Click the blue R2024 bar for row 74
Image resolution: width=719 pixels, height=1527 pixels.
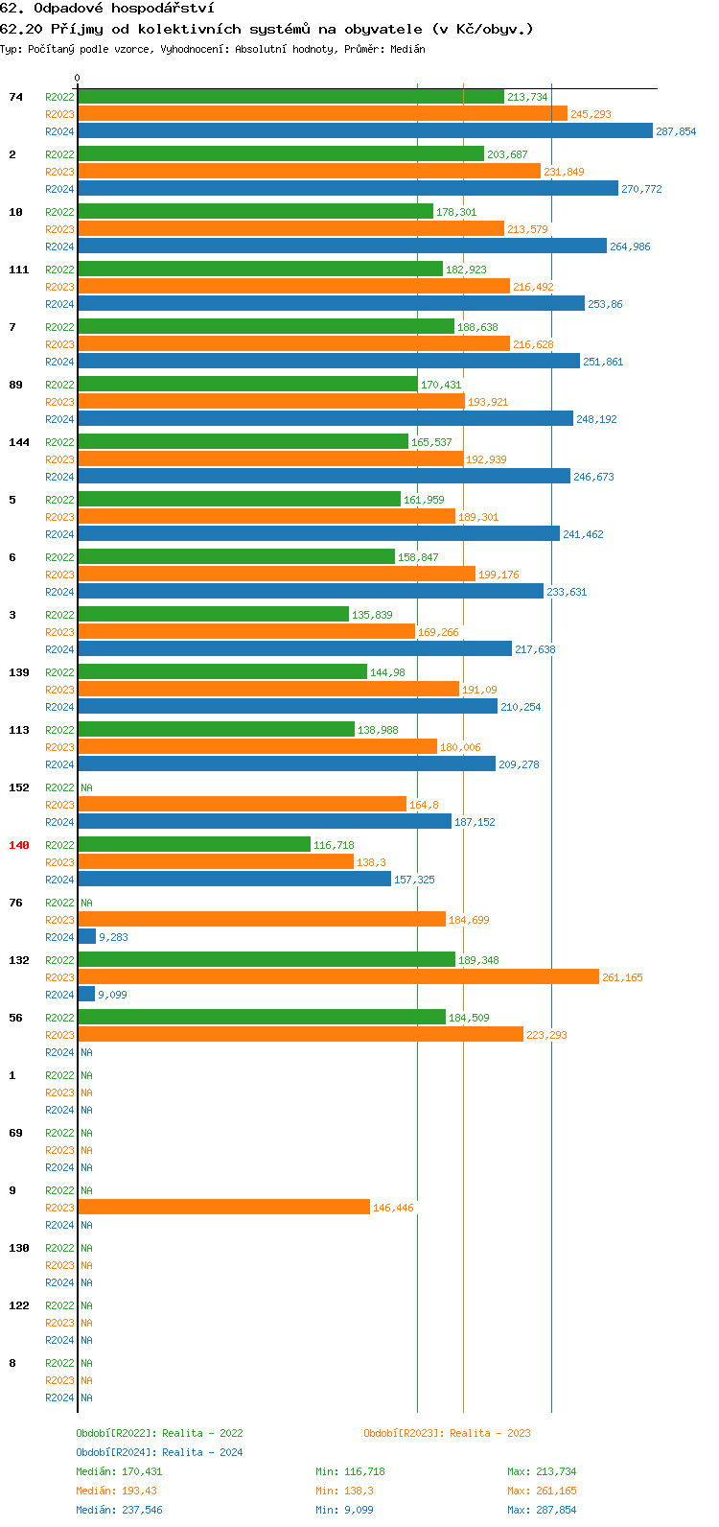(364, 131)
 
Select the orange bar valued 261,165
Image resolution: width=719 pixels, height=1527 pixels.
(337, 977)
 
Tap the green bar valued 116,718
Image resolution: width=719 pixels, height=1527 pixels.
(194, 845)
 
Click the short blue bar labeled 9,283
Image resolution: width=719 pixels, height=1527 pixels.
(86, 937)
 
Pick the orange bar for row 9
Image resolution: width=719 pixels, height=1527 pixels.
(223, 1208)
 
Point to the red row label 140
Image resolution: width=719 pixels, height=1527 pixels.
(19, 845)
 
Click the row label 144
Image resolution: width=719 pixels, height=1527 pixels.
(19, 442)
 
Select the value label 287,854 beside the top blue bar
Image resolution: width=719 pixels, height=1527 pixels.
(676, 131)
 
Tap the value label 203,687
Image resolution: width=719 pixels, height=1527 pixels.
(507, 154)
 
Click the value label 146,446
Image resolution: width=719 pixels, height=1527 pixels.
(393, 1208)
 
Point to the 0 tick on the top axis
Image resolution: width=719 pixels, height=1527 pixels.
(78, 79)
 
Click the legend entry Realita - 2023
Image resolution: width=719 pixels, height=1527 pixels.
(447, 1433)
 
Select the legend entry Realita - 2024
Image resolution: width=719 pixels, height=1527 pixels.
(159, 1452)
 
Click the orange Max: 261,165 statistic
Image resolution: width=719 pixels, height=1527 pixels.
(542, 1491)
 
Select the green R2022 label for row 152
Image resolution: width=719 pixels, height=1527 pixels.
(59, 787)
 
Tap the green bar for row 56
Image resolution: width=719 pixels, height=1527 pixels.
(262, 1018)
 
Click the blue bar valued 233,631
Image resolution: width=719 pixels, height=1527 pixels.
(311, 592)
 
